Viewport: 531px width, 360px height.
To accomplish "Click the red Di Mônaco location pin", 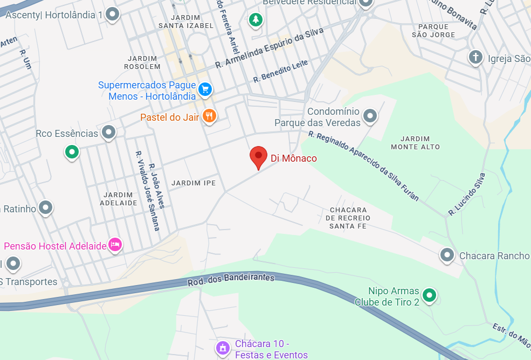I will click(x=258, y=157).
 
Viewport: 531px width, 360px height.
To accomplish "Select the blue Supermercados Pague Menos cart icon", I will click(x=204, y=89).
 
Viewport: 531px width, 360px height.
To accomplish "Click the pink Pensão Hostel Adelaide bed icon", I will click(x=115, y=245).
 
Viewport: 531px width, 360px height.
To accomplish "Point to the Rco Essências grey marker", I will click(x=109, y=131).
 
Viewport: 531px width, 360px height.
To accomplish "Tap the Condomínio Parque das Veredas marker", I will click(x=370, y=115).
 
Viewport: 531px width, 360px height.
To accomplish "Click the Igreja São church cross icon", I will click(x=475, y=57).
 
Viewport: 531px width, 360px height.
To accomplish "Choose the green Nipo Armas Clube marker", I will click(x=429, y=294).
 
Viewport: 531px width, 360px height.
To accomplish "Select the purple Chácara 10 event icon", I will click(x=222, y=348).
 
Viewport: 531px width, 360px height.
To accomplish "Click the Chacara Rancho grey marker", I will click(x=447, y=254).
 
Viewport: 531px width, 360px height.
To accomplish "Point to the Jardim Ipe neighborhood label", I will click(x=194, y=183).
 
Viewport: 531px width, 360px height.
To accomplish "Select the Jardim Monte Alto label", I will click(x=415, y=143).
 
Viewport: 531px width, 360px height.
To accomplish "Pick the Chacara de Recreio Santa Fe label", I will click(x=348, y=218).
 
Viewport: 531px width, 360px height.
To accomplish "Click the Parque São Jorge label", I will click(x=433, y=31).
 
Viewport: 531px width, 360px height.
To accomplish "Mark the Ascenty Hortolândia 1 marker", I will click(x=112, y=14).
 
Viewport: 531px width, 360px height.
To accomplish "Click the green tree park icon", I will click(x=255, y=20).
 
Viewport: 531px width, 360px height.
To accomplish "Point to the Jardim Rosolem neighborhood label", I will click(x=143, y=63).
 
